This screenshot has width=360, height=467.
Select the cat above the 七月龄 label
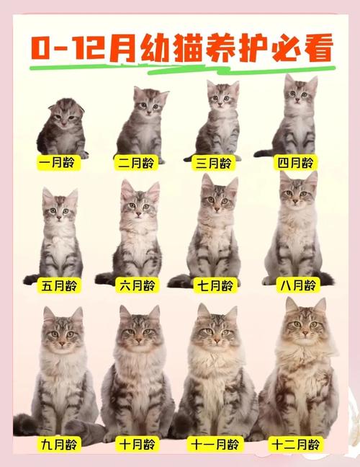click(214, 231)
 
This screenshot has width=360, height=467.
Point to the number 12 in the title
click(86, 49)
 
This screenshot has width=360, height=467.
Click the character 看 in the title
click(317, 48)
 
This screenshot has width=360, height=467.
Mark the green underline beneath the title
click(180, 70)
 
